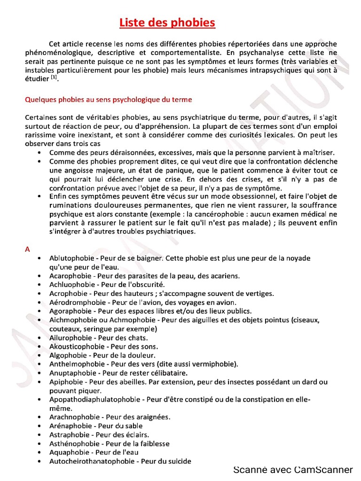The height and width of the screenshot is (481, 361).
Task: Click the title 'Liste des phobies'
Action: [167, 23]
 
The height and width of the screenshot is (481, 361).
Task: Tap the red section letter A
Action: [27, 249]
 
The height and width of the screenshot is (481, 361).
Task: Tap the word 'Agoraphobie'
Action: [70, 311]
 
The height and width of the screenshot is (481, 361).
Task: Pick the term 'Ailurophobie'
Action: [70, 338]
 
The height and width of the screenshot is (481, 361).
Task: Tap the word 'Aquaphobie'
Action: [69, 452]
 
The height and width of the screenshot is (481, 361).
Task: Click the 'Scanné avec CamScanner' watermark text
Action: [293, 470]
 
